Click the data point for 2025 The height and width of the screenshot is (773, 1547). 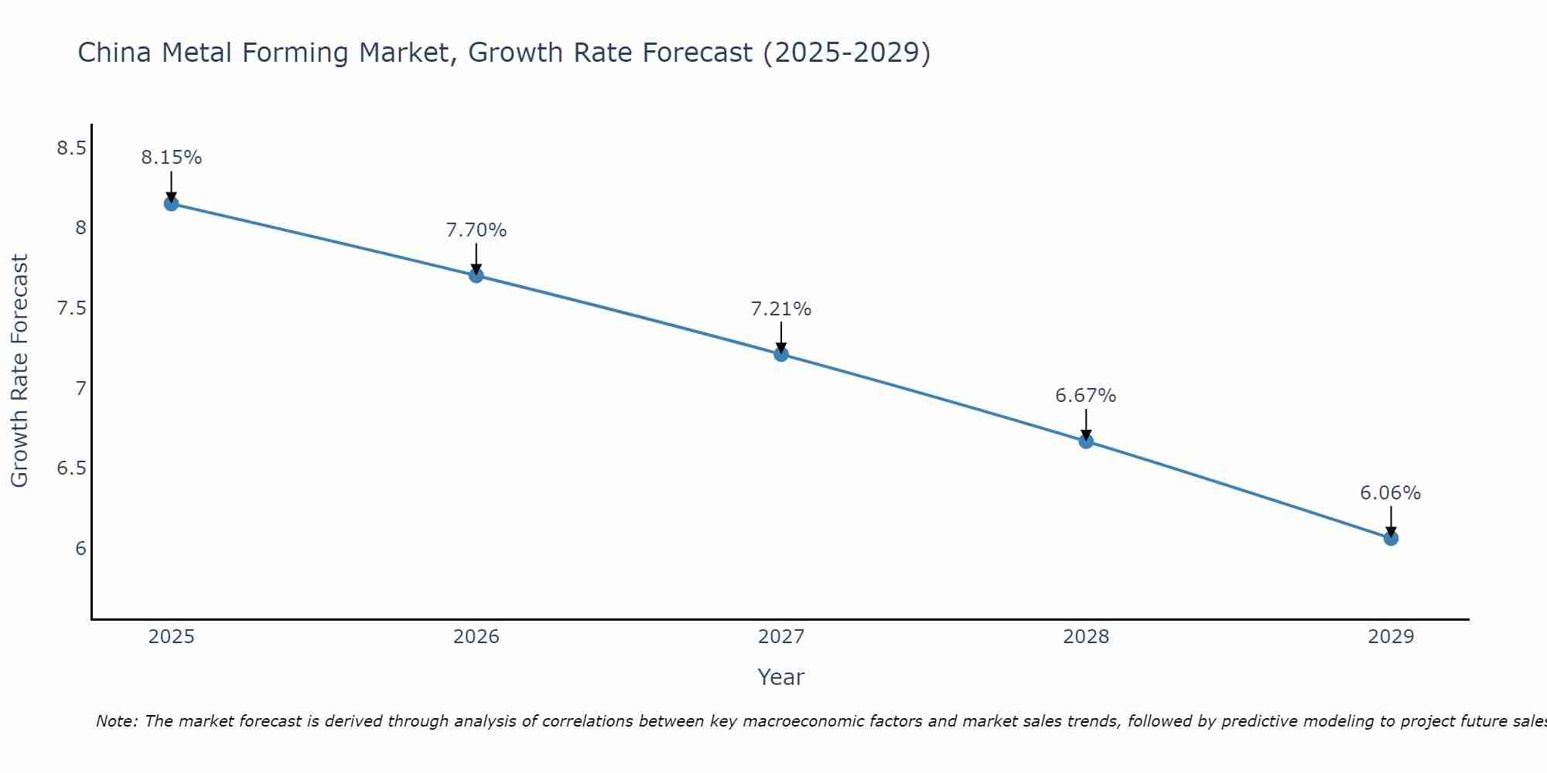pos(171,204)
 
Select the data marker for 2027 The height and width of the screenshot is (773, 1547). pos(781,354)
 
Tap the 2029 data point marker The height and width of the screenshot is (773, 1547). pos(1391,538)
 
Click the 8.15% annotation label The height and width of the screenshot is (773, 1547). pos(171,158)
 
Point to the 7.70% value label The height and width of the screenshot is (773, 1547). pos(476,230)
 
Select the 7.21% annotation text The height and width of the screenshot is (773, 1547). pos(781,309)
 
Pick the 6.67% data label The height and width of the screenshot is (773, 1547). pos(1086,396)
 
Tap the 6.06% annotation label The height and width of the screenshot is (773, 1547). pos(1391,493)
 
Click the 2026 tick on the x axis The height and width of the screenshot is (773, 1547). pos(476,637)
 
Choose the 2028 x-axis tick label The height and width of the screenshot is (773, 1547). pos(1086,637)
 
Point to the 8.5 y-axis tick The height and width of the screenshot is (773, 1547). pos(71,148)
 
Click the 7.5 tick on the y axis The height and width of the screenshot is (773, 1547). pos(71,308)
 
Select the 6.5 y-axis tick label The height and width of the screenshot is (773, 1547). pos(71,468)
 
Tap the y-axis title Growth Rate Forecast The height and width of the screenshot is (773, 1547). pos(20,371)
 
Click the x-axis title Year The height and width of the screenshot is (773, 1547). pos(781,677)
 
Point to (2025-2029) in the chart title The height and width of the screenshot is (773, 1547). pos(846,53)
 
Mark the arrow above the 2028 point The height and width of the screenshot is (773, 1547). pos(1086,424)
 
